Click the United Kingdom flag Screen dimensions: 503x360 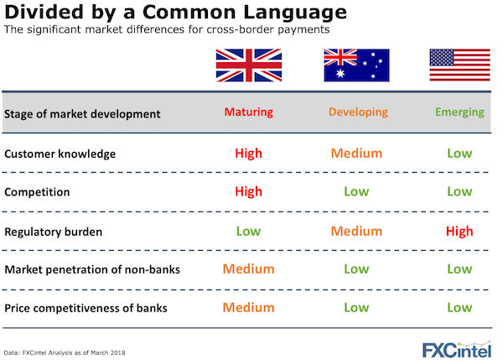click(249, 65)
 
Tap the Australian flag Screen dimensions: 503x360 click(356, 65)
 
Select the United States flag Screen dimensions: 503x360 click(459, 65)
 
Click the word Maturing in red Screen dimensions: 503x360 click(249, 112)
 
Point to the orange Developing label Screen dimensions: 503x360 click(358, 112)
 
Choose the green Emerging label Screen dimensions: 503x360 click(459, 112)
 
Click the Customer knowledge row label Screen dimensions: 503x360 click(60, 154)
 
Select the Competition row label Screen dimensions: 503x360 click(37, 192)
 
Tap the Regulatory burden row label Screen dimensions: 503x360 click(54, 232)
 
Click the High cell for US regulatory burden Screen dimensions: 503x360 click(459, 232)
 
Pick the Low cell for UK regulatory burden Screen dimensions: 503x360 click(249, 232)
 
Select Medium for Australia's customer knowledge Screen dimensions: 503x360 click(356, 154)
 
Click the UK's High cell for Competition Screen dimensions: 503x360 click(249, 191)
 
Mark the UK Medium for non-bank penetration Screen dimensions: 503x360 click(249, 269)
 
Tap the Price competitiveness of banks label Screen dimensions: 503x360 click(86, 308)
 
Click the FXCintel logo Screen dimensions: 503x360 click(457, 349)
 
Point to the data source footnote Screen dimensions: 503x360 click(65, 352)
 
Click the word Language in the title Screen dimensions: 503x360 click(295, 13)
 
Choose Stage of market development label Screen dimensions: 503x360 click(82, 114)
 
